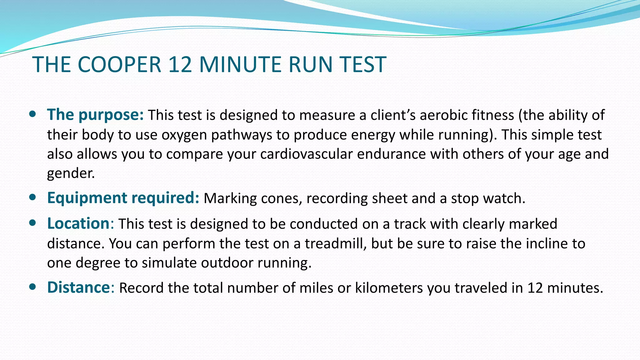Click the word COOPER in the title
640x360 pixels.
[x=119, y=65]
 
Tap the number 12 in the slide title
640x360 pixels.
[x=180, y=65]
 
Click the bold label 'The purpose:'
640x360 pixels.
[x=95, y=115]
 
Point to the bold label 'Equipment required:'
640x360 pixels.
[x=123, y=198]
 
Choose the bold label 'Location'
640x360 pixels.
[x=78, y=224]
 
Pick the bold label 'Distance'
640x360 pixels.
[x=78, y=287]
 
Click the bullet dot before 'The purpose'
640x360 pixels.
[x=32, y=114]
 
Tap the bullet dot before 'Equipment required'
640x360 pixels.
[x=32, y=197]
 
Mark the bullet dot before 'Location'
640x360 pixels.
[x=32, y=223]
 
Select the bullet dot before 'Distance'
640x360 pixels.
[x=32, y=287]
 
